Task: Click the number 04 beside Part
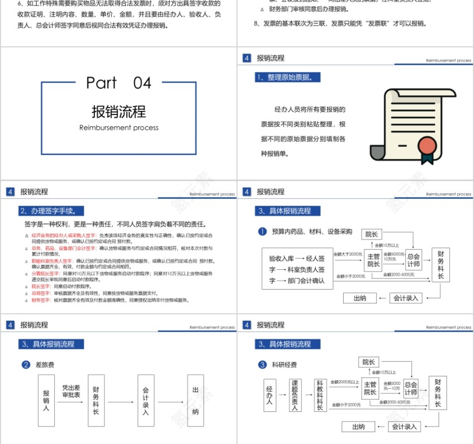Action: click(x=142, y=83)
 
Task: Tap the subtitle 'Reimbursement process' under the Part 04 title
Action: click(x=118, y=128)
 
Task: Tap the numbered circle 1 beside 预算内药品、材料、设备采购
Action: click(x=262, y=232)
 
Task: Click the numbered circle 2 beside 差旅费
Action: click(x=25, y=365)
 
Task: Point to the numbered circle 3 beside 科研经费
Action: click(x=262, y=365)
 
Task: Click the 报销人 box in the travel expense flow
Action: click(x=46, y=400)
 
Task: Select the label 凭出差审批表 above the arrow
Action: click(x=71, y=391)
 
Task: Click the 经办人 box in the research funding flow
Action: click(x=270, y=396)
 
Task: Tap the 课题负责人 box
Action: click(x=294, y=396)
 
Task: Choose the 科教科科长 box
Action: click(x=319, y=396)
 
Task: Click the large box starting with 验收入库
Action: click(x=297, y=269)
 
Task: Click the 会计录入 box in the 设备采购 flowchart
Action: click(x=406, y=298)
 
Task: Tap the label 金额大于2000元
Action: click(x=348, y=255)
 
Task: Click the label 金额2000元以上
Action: click(x=344, y=382)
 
